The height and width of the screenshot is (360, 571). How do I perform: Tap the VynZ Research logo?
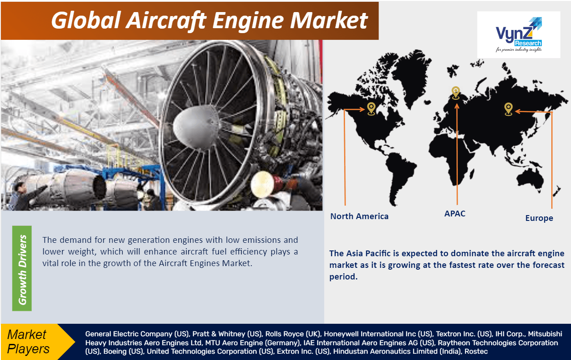coord(518,35)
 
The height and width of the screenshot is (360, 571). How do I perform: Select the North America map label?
coord(359,216)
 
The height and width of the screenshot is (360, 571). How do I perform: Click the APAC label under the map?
coord(455,214)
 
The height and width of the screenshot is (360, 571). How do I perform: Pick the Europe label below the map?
coord(539,218)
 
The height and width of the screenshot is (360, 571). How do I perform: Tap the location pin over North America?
coord(371,108)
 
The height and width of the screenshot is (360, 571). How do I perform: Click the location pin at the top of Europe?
coord(456,93)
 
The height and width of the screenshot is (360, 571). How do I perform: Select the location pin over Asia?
coord(508,109)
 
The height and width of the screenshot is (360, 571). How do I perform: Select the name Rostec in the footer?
coord(476,352)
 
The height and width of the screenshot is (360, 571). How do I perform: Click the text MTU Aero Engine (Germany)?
coord(252,343)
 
